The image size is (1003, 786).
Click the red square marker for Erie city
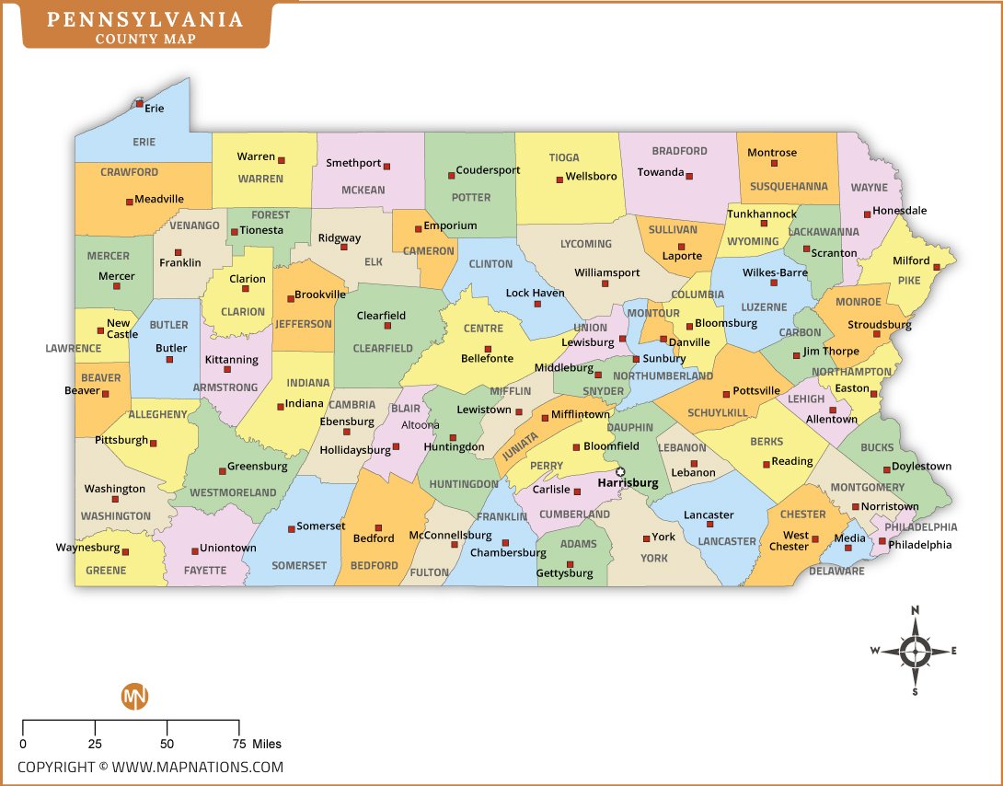[x=140, y=104]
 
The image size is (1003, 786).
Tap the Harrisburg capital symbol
[x=620, y=472]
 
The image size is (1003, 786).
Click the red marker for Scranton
[x=806, y=249]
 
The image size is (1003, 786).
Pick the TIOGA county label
[x=564, y=157]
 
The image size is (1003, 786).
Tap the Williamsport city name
[x=606, y=272]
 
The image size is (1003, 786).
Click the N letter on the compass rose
[x=915, y=610]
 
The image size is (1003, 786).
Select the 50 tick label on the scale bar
[x=167, y=744]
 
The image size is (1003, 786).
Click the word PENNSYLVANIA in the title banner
[x=145, y=18]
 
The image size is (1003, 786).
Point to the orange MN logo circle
[x=134, y=697]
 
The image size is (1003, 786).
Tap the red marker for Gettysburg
[x=570, y=564]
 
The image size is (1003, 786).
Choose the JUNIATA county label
[x=521, y=447]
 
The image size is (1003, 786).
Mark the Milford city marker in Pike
[x=937, y=266]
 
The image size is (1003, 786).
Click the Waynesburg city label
[x=87, y=548]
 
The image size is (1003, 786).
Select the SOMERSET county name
[x=299, y=565]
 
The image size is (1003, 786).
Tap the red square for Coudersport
[x=451, y=175]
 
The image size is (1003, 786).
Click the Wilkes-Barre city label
[x=775, y=272]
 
